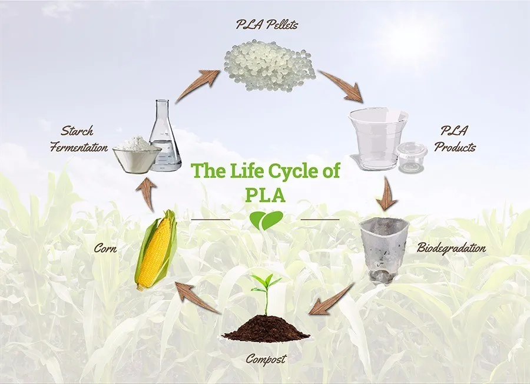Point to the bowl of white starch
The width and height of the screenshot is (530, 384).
click(x=136, y=155)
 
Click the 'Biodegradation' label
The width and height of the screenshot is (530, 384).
click(x=452, y=247)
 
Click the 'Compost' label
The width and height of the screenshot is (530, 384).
click(x=264, y=358)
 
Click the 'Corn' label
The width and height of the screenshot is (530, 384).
click(x=105, y=249)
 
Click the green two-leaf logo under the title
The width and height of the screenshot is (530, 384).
click(x=264, y=220)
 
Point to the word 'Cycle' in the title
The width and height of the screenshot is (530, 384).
click(x=293, y=173)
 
